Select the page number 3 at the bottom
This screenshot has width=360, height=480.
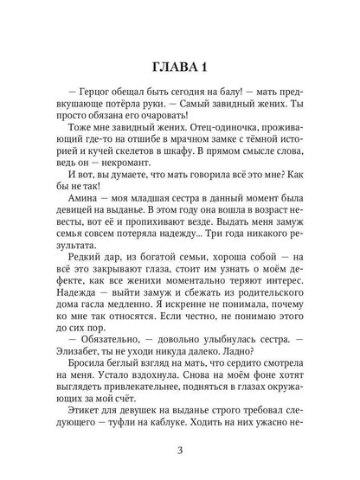[x=179, y=448]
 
